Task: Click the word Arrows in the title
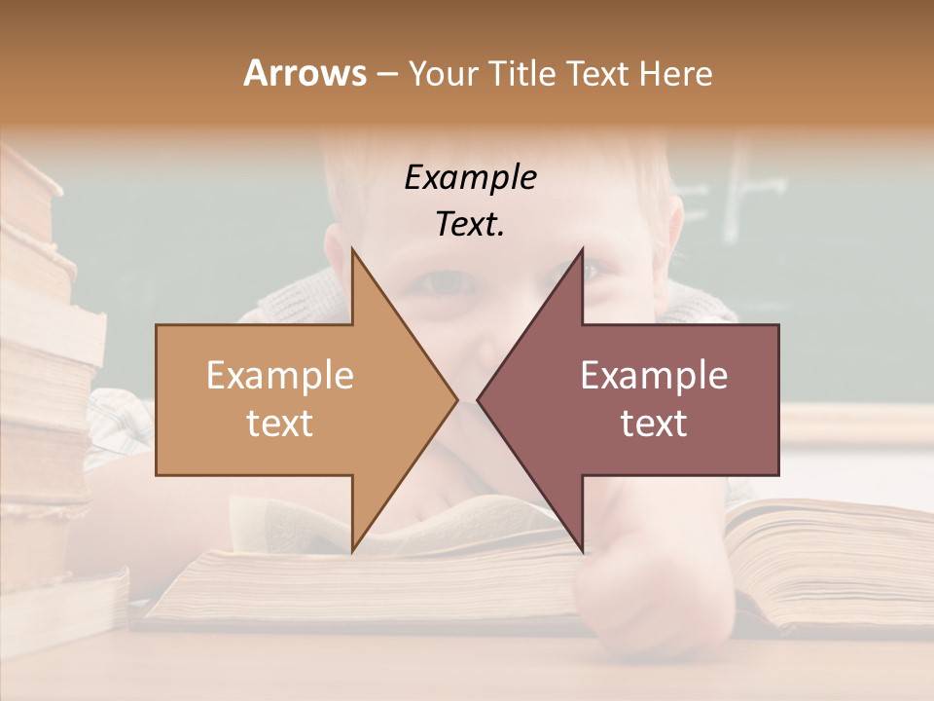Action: coord(305,73)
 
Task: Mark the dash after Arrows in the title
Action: coord(386,74)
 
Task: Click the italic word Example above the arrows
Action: coord(470,177)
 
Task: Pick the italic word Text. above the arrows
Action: coord(470,224)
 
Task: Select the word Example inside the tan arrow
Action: coord(280,375)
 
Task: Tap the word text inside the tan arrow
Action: coord(280,423)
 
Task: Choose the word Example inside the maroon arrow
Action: coord(654,375)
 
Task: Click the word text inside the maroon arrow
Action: coord(654,423)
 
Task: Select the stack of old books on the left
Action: coord(44,389)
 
